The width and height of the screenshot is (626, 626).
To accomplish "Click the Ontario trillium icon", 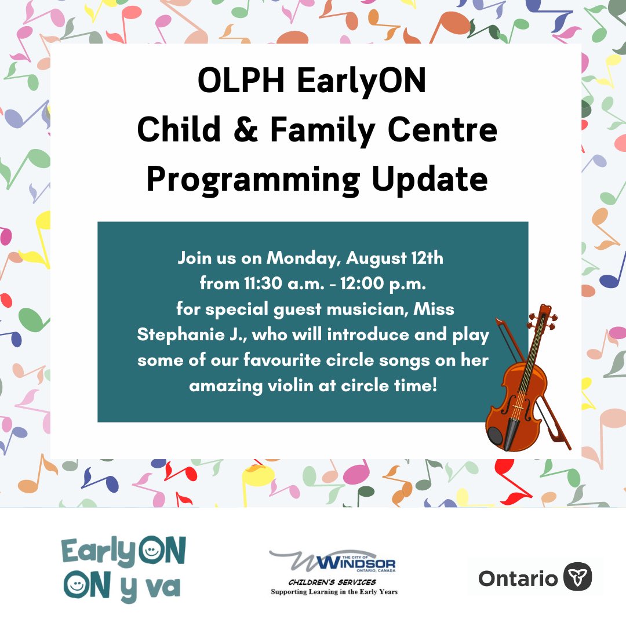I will pos(577,577).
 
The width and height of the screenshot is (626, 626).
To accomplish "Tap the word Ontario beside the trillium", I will pos(518,578).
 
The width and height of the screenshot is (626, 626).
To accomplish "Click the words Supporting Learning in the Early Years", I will pos(334,592).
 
